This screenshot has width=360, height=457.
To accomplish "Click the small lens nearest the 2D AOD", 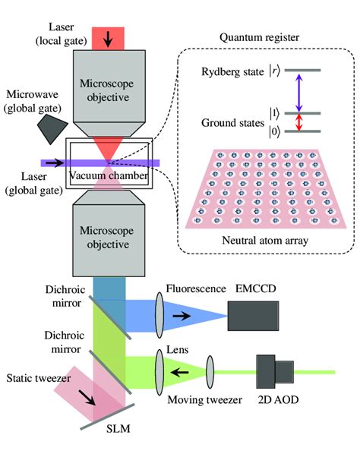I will [x=212, y=372].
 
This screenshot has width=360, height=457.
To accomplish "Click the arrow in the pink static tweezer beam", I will [x=92, y=399].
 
